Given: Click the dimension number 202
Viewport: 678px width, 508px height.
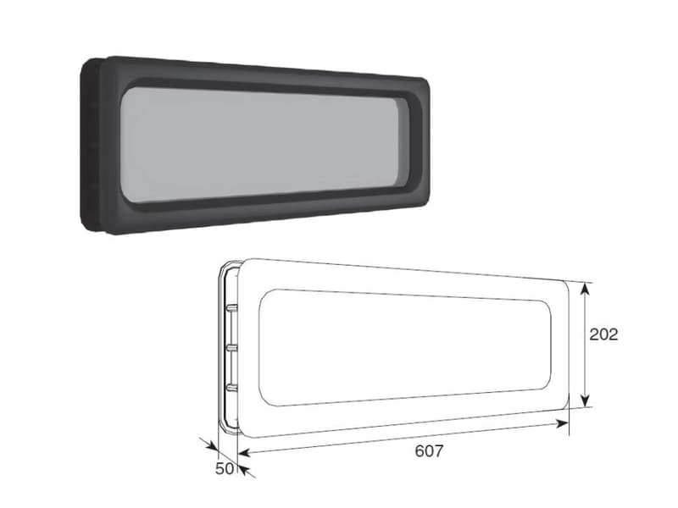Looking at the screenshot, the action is tap(603, 334).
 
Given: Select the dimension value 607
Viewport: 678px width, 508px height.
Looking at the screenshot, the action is tap(429, 451).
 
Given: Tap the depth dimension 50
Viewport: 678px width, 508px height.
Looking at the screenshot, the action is tap(225, 469).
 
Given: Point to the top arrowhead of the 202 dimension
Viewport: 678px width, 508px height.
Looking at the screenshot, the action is tap(585, 289).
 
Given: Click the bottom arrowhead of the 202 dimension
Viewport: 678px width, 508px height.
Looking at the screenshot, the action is tap(585, 400).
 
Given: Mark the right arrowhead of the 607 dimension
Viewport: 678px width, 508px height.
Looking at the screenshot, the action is tap(562, 423).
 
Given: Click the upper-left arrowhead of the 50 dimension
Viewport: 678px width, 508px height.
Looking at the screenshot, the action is tap(212, 445).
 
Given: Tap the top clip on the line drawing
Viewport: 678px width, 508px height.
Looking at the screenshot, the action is tap(231, 307).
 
